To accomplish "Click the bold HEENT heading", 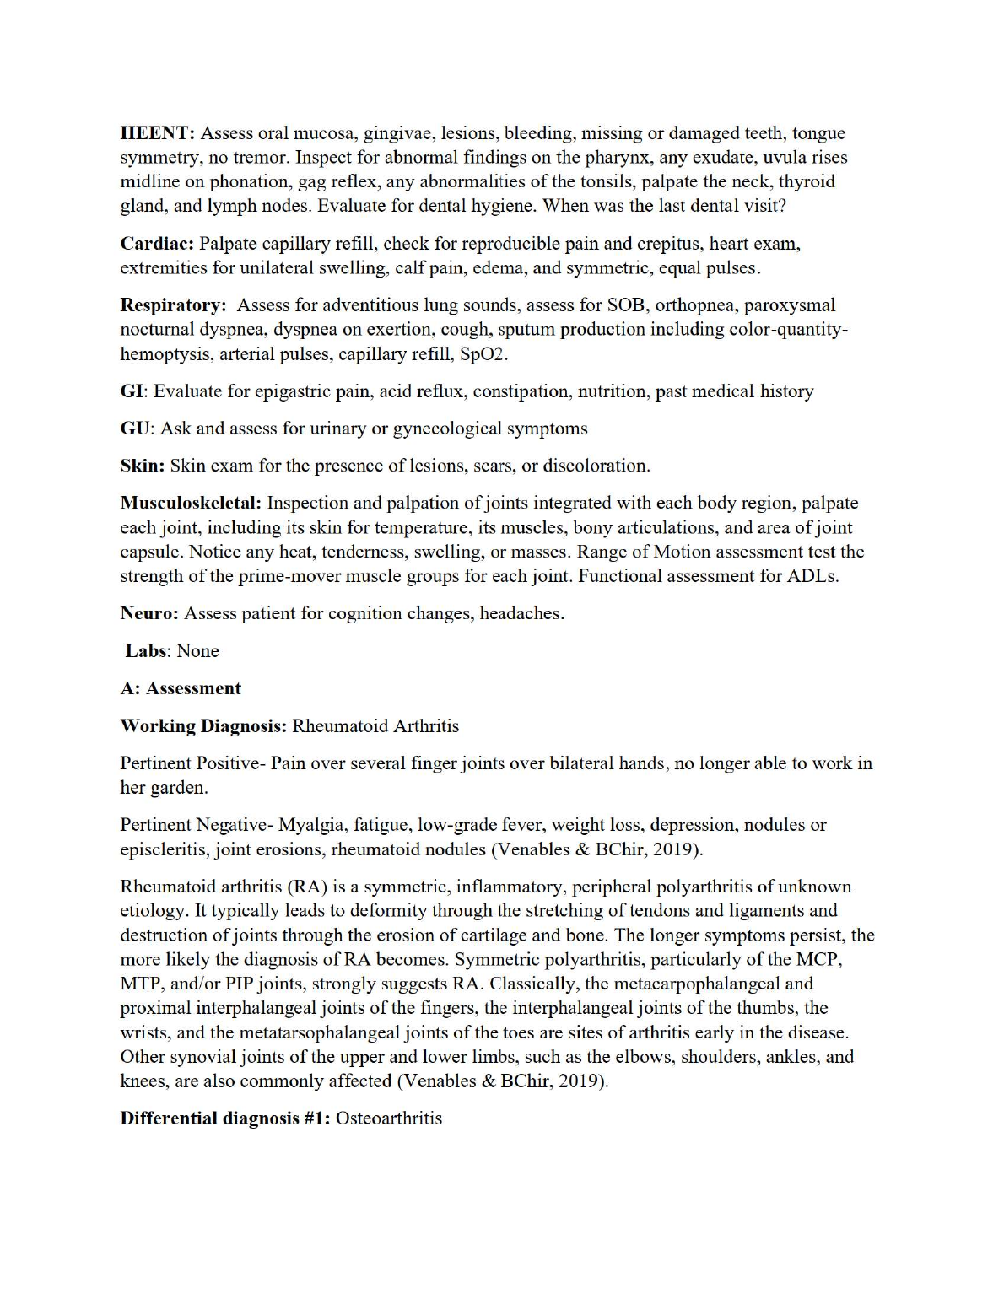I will coord(158,133).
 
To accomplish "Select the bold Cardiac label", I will coord(157,244).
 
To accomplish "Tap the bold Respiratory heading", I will coord(173,305).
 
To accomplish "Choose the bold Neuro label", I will coord(149,613).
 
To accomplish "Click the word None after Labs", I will coord(197,651).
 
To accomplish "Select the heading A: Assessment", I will coord(181,688).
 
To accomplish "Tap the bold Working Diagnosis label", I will coord(204,726).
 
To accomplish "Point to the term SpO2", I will coord(483,354).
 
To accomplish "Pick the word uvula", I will coord(763,158).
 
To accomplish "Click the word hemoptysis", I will coord(165,354).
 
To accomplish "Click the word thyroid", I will coord(807,182).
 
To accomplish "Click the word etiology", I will coord(153,911).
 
